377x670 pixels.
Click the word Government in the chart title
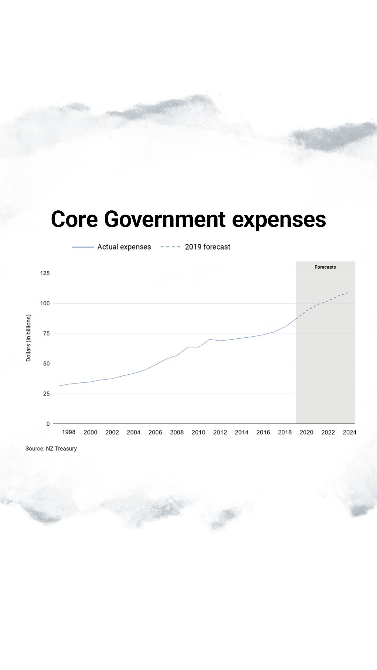click(164, 219)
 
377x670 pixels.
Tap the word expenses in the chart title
click(279, 220)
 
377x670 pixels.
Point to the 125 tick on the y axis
click(45, 273)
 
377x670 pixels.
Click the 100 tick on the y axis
click(45, 303)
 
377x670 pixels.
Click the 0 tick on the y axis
click(48, 424)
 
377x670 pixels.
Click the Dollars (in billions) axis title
click(29, 338)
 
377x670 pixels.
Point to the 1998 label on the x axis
click(69, 432)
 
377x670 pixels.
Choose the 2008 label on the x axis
click(177, 432)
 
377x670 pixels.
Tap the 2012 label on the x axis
click(220, 432)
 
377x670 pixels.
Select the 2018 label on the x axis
click(285, 432)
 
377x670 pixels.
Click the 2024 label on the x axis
click(349, 432)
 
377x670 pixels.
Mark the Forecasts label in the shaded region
click(325, 267)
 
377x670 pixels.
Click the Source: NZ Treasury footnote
click(51, 448)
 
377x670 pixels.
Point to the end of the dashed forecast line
click(348, 292)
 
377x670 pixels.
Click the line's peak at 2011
click(209, 339)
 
